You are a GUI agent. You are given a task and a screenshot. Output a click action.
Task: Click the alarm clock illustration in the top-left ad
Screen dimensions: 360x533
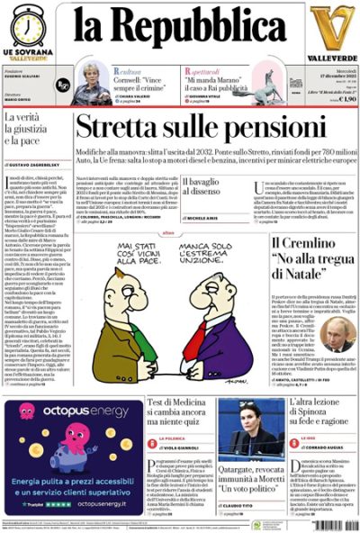click(x=28, y=25)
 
